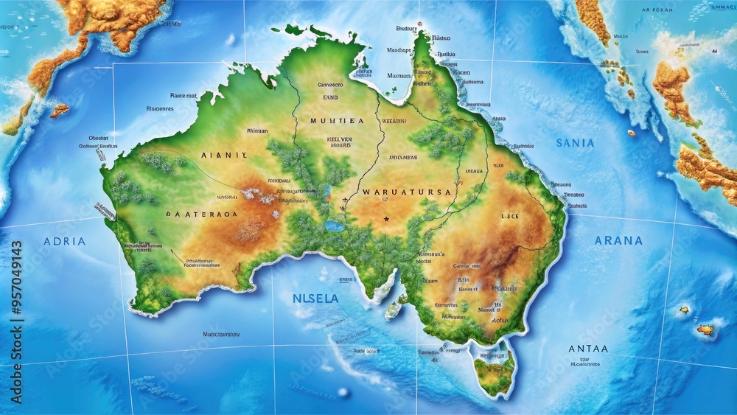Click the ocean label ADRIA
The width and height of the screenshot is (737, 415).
point(65,241)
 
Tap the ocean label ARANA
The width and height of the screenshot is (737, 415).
point(618,240)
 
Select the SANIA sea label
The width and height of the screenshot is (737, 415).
point(576,143)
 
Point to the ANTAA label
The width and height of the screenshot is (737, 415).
point(588,349)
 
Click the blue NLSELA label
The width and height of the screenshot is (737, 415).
point(315,299)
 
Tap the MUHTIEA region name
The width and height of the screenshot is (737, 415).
point(337,120)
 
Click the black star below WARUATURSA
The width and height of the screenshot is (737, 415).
point(386,219)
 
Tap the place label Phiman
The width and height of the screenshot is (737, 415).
point(257,130)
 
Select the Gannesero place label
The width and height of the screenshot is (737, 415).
point(330,85)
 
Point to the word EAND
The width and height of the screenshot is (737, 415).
point(329,96)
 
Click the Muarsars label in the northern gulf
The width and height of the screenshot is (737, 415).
point(399,75)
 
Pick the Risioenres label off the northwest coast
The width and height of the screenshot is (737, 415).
point(160,108)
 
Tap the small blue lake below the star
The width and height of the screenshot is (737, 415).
point(335,226)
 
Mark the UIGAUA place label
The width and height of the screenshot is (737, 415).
point(474,171)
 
